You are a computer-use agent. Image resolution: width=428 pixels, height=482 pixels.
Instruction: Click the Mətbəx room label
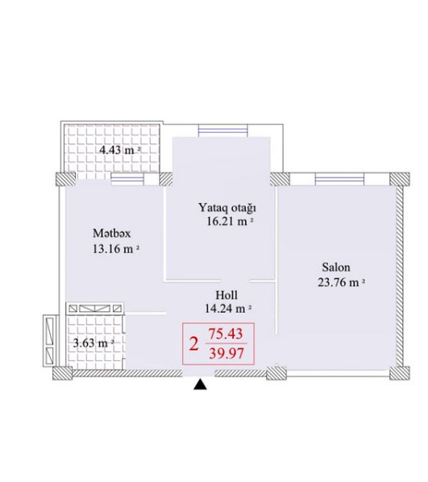111,234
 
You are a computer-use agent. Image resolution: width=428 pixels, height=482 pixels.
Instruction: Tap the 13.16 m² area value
116,249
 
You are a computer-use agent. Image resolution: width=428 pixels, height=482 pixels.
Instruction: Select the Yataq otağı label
227,208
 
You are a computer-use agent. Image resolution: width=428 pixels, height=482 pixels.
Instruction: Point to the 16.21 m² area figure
231,222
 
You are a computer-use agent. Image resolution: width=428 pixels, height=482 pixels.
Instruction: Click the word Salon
336,267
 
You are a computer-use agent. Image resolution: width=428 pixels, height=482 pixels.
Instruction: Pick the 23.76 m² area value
341,282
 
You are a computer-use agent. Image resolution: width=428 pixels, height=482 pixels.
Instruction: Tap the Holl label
226,295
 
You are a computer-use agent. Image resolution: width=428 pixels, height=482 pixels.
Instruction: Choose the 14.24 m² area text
228,309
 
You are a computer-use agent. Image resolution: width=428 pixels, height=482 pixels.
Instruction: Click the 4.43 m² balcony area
120,150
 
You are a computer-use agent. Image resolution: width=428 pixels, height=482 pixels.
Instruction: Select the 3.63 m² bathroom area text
93,343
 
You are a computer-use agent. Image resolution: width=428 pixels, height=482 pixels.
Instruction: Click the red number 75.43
226,334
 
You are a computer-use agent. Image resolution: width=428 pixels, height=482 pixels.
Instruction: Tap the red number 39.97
226,353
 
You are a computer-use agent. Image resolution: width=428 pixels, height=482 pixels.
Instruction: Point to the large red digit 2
193,344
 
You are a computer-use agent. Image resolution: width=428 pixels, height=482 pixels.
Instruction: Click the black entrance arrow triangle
200,384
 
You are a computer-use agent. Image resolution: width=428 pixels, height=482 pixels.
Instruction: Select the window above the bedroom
223,130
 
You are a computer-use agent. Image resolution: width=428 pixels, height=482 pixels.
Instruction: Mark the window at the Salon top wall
339,179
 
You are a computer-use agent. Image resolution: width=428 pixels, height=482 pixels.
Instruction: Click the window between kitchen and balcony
127,180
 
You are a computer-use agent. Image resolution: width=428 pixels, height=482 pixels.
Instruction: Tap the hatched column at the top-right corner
400,179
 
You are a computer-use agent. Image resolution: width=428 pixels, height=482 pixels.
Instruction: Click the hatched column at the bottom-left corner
62,373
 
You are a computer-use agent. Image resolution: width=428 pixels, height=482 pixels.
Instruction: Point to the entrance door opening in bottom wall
198,373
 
